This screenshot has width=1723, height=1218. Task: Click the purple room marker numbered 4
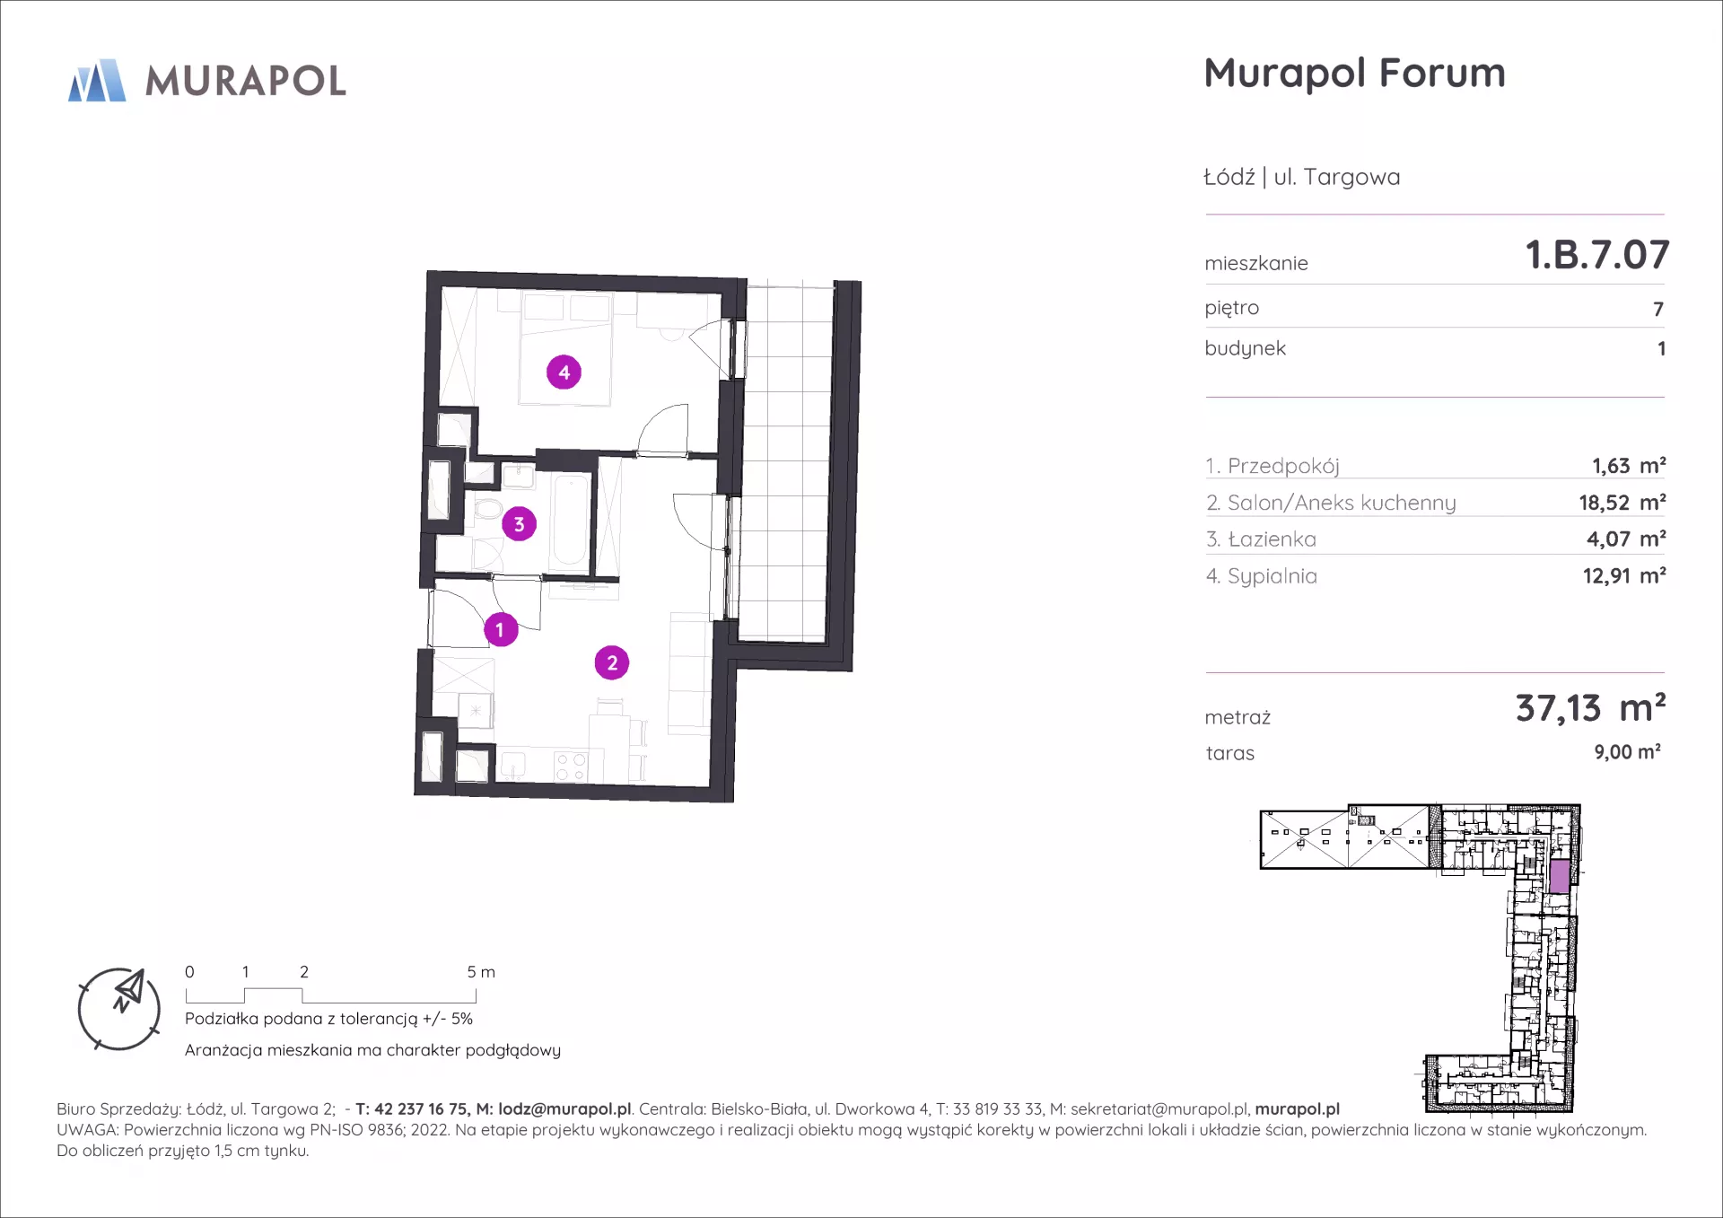[x=564, y=372]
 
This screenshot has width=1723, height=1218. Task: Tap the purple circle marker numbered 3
[x=519, y=523]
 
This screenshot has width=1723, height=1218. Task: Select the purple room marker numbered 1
[x=501, y=629]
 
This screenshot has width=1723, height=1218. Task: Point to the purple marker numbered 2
[x=612, y=662]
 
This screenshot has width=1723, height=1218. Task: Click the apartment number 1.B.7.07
[x=1597, y=255]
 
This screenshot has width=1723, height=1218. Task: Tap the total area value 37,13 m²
[x=1590, y=708]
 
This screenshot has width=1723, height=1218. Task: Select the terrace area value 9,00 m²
[x=1627, y=752]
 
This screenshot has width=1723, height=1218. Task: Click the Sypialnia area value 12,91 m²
[x=1624, y=575]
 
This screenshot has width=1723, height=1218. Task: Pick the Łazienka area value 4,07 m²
[x=1626, y=539]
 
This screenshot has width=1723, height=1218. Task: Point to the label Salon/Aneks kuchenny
[x=1342, y=503]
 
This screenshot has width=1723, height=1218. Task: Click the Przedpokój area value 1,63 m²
[x=1629, y=466]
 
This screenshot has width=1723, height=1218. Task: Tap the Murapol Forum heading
[x=1354, y=74]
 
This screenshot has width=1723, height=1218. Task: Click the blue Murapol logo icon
[x=97, y=81]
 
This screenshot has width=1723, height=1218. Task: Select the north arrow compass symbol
[x=119, y=1009]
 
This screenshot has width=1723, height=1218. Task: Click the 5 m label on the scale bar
[x=481, y=972]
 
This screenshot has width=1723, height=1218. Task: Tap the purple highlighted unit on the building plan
[x=1560, y=876]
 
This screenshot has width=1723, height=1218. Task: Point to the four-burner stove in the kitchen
[x=570, y=767]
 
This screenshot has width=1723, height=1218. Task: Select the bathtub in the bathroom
[x=570, y=521]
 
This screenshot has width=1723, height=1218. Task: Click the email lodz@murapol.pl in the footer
[x=564, y=1109]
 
